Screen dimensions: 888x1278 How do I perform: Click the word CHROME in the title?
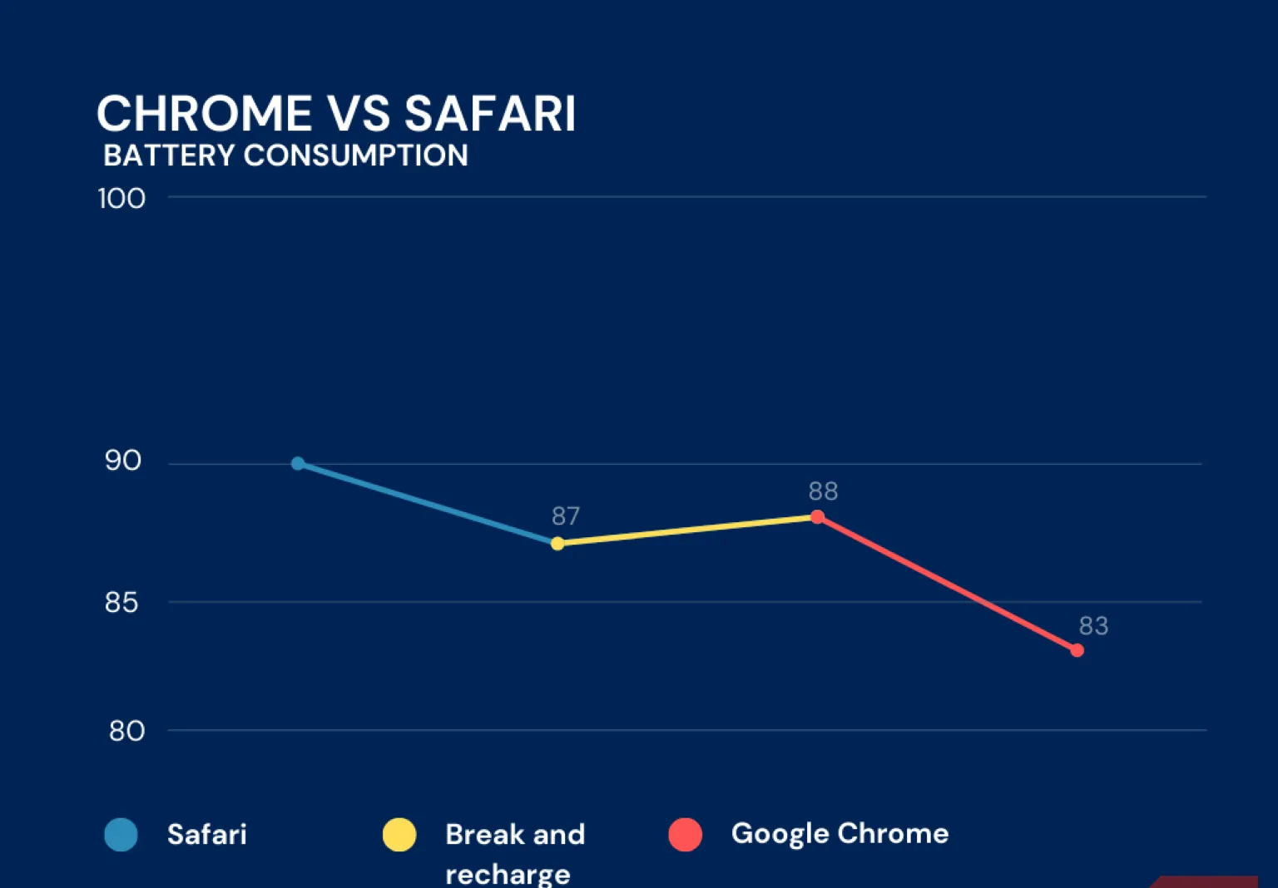point(204,114)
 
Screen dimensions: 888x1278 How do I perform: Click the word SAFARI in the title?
point(490,114)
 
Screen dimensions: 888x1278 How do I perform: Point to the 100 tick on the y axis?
point(121,199)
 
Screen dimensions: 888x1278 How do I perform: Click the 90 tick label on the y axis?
point(122,461)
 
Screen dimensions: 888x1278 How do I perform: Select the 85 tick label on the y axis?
point(121,602)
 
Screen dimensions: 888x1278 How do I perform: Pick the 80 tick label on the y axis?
point(126,731)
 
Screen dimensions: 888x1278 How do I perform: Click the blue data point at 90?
point(298,463)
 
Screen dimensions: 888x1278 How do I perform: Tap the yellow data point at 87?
point(557,544)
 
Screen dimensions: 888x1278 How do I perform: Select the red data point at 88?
point(817,517)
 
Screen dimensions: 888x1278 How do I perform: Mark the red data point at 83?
point(1077,650)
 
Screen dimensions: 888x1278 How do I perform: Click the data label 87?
point(566,516)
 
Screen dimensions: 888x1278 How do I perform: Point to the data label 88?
point(823,491)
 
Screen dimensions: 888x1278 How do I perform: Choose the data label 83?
point(1093,625)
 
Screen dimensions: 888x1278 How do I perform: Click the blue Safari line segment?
point(428,503)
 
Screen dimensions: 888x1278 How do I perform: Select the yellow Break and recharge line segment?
point(687,530)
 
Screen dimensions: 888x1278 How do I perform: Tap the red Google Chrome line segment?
point(947,584)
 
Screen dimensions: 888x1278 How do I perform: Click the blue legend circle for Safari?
point(121,835)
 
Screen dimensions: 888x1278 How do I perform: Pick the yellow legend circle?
point(399,835)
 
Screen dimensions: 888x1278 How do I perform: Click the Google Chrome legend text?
point(840,833)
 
